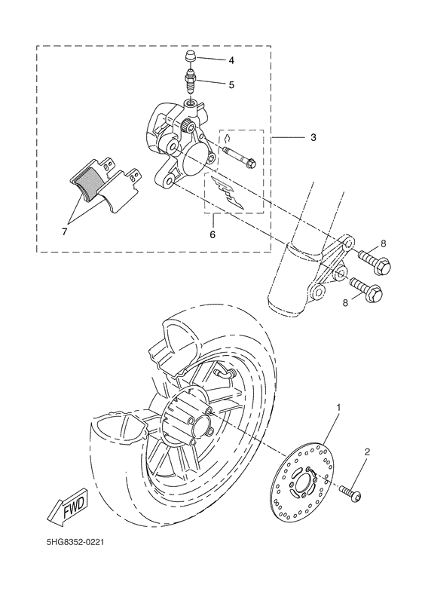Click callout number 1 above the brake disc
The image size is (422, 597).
(338, 408)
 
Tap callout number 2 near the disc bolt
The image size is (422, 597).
(367, 453)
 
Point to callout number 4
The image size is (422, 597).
(231, 60)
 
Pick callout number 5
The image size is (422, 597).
(231, 84)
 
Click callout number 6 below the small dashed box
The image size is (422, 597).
(213, 235)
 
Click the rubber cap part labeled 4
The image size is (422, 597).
(191, 59)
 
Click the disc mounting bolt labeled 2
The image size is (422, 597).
(350, 493)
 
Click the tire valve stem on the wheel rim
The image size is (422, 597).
(222, 372)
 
